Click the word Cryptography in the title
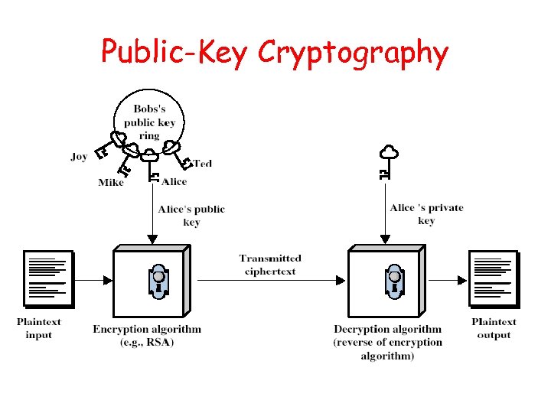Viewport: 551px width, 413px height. pos(353,52)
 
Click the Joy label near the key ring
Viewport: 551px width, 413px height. pos(79,157)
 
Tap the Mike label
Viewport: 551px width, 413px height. pos(111,182)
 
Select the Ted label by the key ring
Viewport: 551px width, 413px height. pos(202,163)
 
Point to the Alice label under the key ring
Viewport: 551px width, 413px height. pos(174,181)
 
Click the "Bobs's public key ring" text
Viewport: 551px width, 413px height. pos(149,122)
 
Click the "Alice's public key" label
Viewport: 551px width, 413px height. pos(191,216)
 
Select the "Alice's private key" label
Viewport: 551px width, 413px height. pos(426,214)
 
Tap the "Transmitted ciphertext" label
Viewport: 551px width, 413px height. pos(270,265)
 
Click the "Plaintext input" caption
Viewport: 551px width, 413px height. pos(39,328)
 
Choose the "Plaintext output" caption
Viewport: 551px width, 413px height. pos(494,328)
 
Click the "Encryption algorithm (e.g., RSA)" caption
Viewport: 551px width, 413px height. pos(147,335)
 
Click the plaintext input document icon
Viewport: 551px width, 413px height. pos(48,277)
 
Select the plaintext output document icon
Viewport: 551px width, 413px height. pos(494,277)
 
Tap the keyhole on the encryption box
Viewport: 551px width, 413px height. pos(158,280)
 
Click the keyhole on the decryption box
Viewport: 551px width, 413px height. pos(393,280)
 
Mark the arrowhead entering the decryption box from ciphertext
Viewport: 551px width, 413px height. pos(341,281)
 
